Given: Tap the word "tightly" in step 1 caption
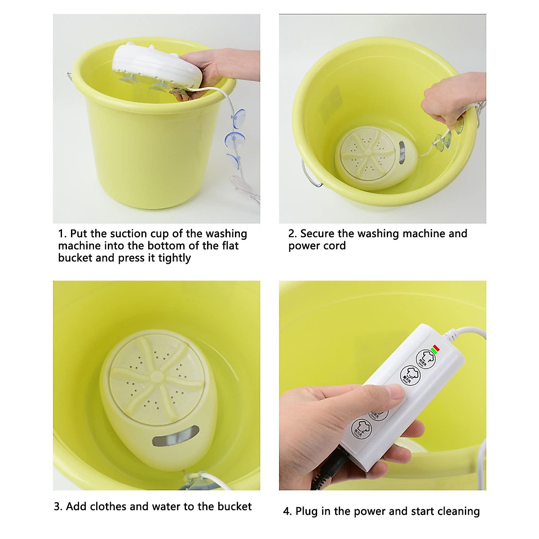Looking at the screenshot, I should point(174,258).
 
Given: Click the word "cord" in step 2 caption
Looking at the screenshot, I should point(335,246).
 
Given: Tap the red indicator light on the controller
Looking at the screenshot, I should point(435,347).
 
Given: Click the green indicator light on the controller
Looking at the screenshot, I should point(432,350).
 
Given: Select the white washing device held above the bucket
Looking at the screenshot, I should point(148,65).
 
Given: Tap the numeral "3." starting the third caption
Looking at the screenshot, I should point(58,507).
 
